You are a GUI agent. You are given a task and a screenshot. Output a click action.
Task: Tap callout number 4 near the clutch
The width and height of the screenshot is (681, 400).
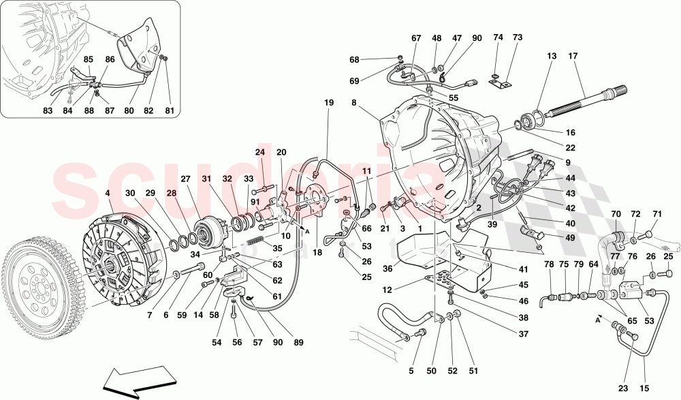click(107, 193)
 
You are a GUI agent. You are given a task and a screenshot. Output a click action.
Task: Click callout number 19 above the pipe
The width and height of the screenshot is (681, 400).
click(329, 103)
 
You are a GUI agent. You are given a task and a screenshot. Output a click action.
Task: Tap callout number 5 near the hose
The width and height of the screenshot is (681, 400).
click(411, 371)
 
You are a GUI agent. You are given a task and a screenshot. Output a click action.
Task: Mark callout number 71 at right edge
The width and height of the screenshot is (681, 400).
click(656, 214)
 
